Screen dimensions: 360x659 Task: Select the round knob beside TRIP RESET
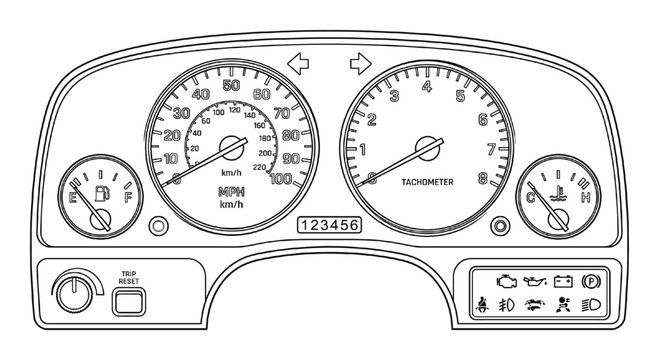coord(71,293)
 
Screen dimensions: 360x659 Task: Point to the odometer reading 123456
coord(330,225)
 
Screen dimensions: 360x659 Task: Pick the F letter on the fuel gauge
coord(127,198)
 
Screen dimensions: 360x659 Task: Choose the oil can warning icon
coord(535,275)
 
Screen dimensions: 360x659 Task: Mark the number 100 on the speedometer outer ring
coord(282,179)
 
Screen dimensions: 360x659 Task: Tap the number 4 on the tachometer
coord(427,87)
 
